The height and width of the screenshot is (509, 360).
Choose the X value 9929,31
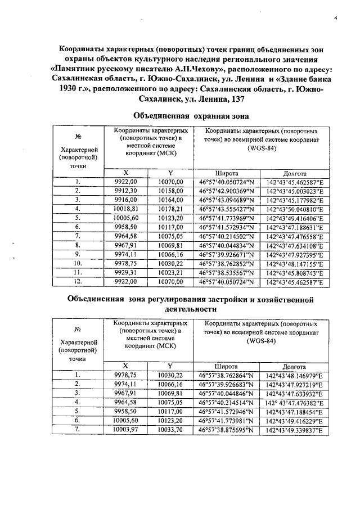point(125,271)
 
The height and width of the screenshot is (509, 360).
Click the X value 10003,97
point(125,430)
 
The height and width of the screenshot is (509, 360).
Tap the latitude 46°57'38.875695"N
point(227,430)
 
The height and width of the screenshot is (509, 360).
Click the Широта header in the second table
point(227,366)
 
